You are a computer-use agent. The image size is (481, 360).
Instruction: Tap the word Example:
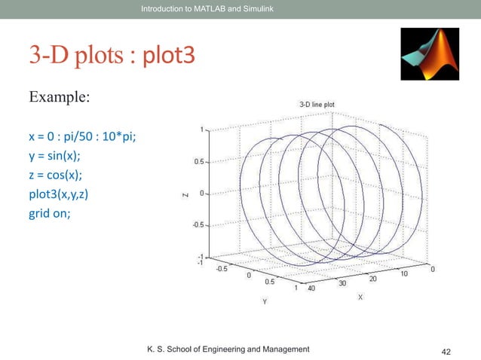60,99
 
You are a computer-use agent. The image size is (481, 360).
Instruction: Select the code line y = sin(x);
54,157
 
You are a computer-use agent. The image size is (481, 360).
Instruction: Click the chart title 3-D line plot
311,104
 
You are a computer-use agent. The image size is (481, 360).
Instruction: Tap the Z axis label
185,194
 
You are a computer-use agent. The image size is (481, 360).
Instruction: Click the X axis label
360,297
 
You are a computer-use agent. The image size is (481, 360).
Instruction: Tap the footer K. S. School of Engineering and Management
228,349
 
